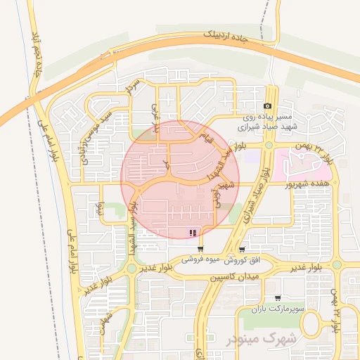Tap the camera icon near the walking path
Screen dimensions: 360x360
pyautogui.click(x=266, y=106)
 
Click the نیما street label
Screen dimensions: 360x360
pyautogui.click(x=100, y=208)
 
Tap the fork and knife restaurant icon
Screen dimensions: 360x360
pyautogui.click(x=192, y=233)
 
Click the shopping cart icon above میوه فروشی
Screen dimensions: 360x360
pyautogui.click(x=201, y=249)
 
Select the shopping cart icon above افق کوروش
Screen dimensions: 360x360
pyautogui.click(x=242, y=249)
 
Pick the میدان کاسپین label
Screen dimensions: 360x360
pyautogui.click(x=234, y=278)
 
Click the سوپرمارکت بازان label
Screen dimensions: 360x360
pyautogui.click(x=280, y=309)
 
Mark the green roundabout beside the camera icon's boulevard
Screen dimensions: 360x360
pyautogui.click(x=269, y=146)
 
